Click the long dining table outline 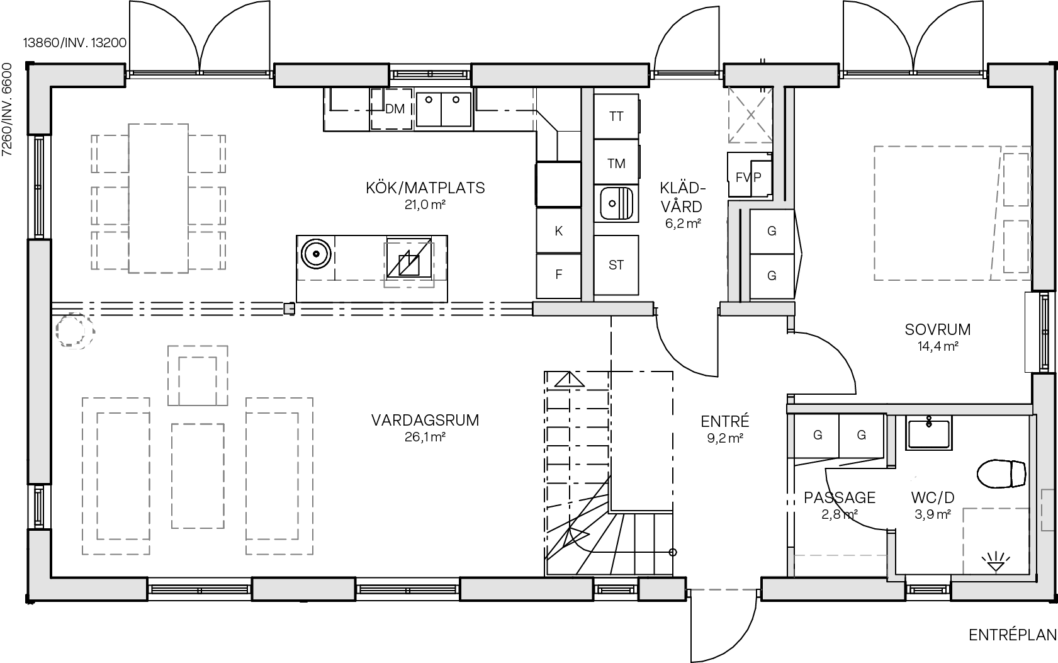pos(158,198)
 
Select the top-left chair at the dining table pos(110,154)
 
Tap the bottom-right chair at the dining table pos(206,251)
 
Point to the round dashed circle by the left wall pos(74,330)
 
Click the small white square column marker pos(289,309)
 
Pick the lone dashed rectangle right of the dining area pos(408,265)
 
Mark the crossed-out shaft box pos(750,115)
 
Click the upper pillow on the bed pos(1015,179)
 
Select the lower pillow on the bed pos(1015,246)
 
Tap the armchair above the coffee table pos(198,375)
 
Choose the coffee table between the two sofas pos(198,476)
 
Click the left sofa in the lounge pos(116,476)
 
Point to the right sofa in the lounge pos(279,476)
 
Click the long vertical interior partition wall pos(587,195)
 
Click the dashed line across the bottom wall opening pos(723,590)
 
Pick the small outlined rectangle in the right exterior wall pos(1047,510)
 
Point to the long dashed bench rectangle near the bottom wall pos(840,565)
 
